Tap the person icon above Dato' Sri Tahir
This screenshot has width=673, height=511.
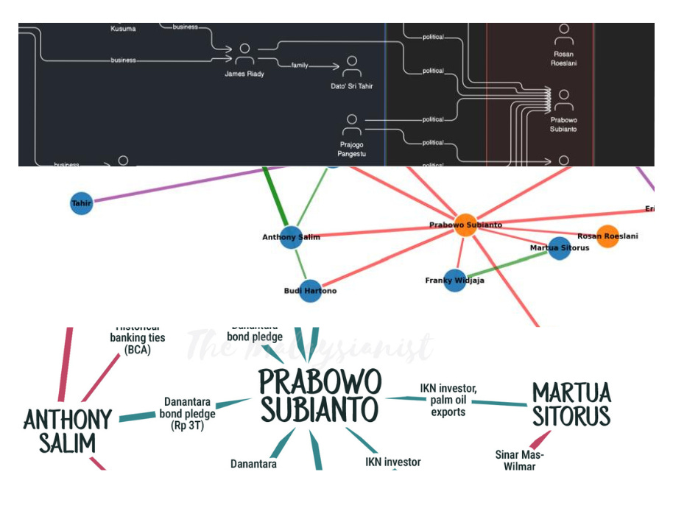point(352,66)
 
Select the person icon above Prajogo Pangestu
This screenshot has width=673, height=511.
point(352,123)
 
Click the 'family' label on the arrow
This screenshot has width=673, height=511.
point(299,66)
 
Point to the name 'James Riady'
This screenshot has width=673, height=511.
point(244,74)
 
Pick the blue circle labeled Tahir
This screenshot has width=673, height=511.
point(81,202)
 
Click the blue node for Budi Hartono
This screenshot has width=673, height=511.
point(310,291)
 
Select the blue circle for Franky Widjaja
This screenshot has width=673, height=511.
point(454,280)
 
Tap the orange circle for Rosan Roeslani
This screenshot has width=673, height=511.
point(607,236)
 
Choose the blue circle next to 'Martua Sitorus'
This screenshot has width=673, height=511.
point(559,248)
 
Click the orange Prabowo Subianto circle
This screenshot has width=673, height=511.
point(465,225)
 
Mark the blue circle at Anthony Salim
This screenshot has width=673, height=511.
point(291,237)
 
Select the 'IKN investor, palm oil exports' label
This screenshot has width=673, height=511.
point(448,400)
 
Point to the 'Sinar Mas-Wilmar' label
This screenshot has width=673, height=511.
point(519,460)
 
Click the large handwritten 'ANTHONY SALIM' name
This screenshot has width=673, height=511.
point(68,431)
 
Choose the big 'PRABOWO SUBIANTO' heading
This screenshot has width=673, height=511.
point(320,396)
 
